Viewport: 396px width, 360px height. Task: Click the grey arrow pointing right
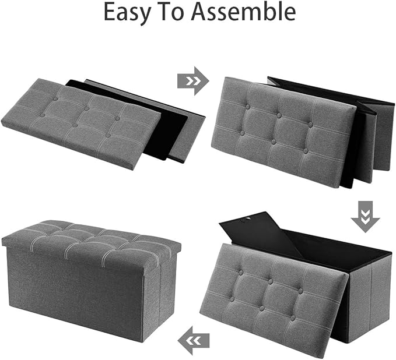tap(193, 80)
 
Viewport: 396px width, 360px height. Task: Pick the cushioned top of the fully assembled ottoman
tap(93, 239)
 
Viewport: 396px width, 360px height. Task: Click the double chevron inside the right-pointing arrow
tap(190, 80)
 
